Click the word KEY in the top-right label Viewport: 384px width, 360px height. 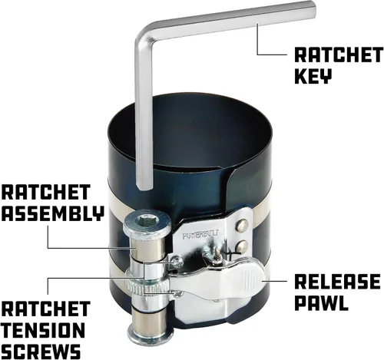[313, 76]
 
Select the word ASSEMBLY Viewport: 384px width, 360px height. [53, 213]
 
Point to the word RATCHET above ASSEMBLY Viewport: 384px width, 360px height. [46, 192]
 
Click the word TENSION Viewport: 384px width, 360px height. [44, 330]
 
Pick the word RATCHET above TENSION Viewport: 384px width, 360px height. [46, 309]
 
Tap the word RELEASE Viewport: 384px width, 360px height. [337, 282]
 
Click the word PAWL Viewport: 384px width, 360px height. [322, 303]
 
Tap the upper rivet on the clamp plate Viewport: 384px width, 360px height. [242, 225]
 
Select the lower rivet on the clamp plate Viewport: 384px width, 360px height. [242, 246]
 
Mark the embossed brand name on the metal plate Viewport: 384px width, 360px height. [200, 235]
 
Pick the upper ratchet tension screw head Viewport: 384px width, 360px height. [177, 261]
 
